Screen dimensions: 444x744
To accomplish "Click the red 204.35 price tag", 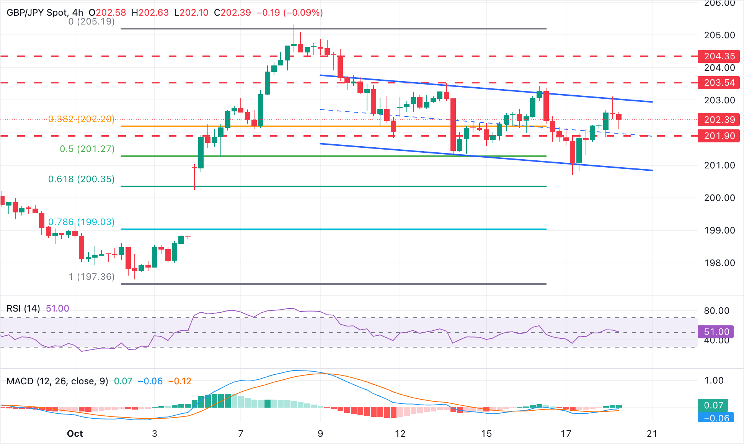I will [719, 56].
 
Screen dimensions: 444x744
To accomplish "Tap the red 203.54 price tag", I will [719, 83].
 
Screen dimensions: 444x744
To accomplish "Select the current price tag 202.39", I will [719, 120].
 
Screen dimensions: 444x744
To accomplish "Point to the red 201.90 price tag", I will [719, 136].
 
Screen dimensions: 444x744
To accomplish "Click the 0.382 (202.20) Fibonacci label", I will [82, 119].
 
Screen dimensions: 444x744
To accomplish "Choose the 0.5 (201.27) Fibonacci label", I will [87, 149].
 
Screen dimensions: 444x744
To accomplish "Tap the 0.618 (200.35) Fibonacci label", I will [82, 179].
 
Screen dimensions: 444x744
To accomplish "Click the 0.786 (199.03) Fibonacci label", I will [82, 222].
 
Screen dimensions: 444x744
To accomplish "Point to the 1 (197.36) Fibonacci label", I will [92, 277].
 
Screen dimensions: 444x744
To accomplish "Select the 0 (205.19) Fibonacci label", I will [91, 21].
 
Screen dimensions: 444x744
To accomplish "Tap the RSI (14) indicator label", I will [23, 309].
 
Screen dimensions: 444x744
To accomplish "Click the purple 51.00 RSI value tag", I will [716, 332].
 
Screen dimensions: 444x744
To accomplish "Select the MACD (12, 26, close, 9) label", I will [57, 381].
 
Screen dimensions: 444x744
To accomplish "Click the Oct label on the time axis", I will [75, 434].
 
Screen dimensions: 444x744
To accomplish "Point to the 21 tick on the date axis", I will [652, 434].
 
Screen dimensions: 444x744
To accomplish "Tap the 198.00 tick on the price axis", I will [720, 263].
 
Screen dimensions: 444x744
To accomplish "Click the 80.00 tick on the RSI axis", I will [716, 311].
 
